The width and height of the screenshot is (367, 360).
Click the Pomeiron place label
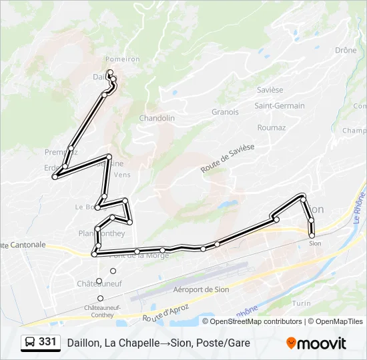coord(122,59)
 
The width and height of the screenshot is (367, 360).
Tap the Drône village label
coord(346,50)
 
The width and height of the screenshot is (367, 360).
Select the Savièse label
coord(269,90)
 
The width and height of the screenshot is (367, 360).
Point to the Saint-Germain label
coord(279,105)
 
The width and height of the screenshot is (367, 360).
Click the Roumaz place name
coord(271,127)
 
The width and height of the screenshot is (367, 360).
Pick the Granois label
coord(225,112)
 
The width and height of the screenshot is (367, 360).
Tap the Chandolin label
coord(157,118)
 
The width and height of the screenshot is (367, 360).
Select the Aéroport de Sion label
coord(201,289)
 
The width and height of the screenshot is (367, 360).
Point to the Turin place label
coord(302,303)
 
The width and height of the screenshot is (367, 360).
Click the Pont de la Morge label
coord(131,255)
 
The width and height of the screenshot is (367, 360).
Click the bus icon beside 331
coord(31,342)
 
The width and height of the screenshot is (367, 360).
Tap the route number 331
coord(47,342)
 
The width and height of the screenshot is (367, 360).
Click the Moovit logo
coord(316,343)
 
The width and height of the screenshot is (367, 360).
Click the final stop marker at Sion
coord(312,235)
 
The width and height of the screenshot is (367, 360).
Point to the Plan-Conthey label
coord(101,233)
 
